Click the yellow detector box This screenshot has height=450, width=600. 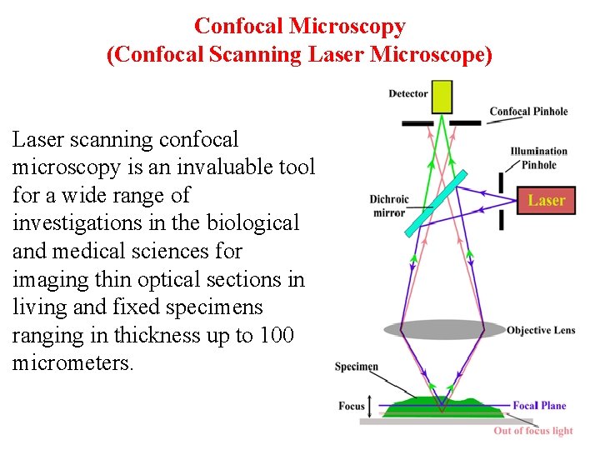(442, 97)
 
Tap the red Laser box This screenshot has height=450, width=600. (546, 201)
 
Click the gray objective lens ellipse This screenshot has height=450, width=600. (443, 329)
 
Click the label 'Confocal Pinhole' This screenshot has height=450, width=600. (528, 112)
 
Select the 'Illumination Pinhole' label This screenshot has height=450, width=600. (538, 157)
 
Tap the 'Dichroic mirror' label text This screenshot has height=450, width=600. (389, 206)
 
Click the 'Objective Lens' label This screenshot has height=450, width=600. (541, 330)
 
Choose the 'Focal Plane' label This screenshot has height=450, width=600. (539, 406)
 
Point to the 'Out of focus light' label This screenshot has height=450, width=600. (533, 431)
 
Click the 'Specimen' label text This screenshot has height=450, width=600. (357, 367)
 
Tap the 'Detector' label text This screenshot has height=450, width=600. (408, 93)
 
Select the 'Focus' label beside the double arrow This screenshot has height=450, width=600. (352, 406)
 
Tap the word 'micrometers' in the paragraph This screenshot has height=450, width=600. (72, 363)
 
